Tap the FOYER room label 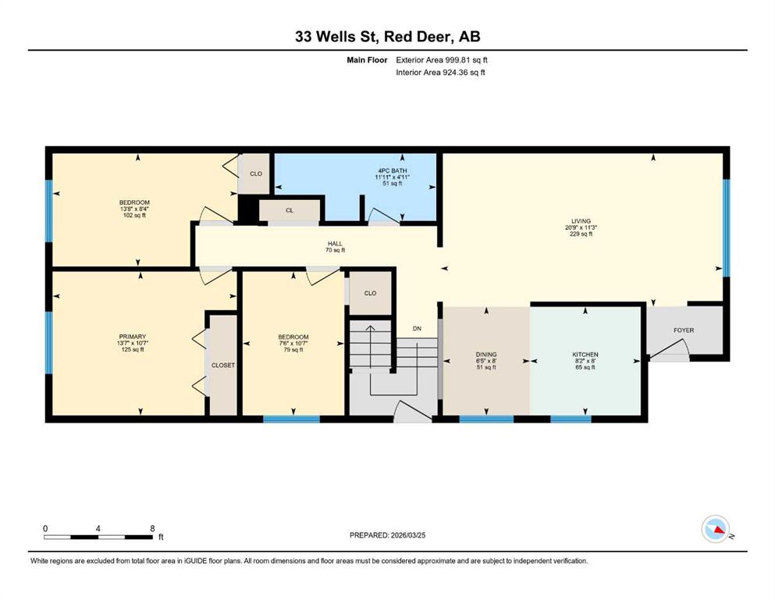[684, 330]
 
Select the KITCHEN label [585, 354]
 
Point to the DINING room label [486, 354]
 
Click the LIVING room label [581, 221]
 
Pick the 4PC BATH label [393, 170]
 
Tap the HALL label [335, 244]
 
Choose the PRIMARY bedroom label [132, 337]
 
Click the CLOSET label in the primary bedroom [223, 365]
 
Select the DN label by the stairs [417, 328]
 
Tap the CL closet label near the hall [290, 210]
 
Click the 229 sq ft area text [581, 234]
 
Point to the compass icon [716, 529]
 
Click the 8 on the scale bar [152, 528]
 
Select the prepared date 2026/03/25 [408, 535]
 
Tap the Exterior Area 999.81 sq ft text [442, 60]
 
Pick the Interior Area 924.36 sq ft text [440, 72]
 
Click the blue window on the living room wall [727, 227]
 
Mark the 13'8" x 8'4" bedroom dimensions [134, 209]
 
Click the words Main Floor [367, 60]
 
